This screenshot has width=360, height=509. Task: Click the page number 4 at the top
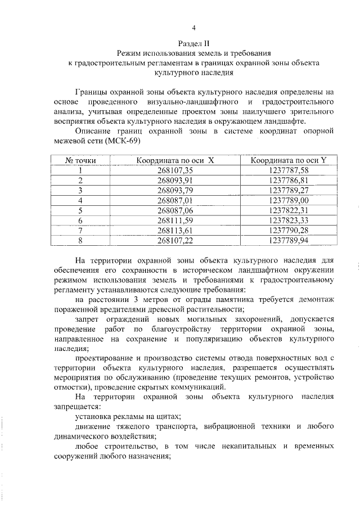(193, 28)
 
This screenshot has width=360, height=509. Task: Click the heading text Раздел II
(193, 43)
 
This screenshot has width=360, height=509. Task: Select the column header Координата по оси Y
(289, 160)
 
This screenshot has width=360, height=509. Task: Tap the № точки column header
(81, 160)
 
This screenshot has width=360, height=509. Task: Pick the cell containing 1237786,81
(289, 181)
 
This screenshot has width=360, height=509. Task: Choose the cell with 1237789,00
(289, 200)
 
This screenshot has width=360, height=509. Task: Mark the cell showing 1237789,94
(289, 240)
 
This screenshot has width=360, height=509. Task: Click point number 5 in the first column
(81, 210)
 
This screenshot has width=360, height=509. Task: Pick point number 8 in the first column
(81, 240)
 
